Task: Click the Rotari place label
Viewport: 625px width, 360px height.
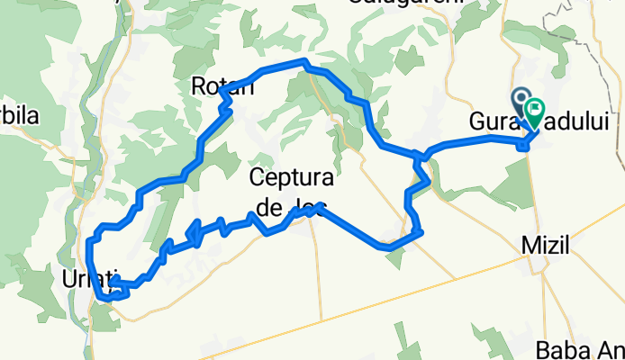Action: pyautogui.click(x=222, y=86)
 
